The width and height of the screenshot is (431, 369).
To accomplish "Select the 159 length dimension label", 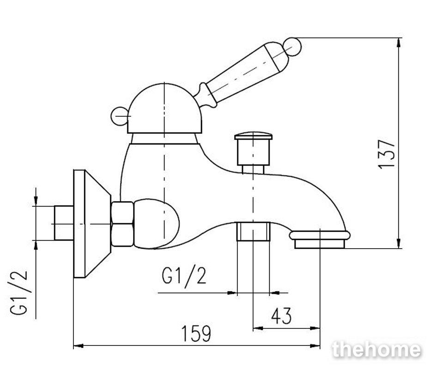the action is click(x=196, y=333).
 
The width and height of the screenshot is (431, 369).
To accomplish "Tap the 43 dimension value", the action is click(x=281, y=316).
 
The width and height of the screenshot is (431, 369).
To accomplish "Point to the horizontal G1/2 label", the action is click(x=184, y=276).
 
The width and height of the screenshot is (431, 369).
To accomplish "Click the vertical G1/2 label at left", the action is click(x=19, y=293).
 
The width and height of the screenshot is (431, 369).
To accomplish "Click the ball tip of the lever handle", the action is click(x=292, y=47).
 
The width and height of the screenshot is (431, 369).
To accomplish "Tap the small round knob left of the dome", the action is click(x=119, y=116).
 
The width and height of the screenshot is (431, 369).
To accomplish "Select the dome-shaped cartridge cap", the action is click(x=164, y=108).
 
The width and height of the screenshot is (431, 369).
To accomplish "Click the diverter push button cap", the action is click(x=253, y=136).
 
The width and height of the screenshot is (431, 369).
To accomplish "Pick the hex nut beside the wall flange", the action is click(x=122, y=224).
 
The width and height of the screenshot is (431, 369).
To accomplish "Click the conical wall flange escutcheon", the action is click(x=92, y=224).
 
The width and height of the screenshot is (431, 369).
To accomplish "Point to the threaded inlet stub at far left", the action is click(x=64, y=223).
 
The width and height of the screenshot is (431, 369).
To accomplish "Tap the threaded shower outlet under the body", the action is click(x=254, y=232).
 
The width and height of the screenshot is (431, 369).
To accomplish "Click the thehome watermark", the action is click(x=376, y=350).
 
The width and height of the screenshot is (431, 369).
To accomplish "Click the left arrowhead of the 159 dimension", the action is click(x=79, y=345).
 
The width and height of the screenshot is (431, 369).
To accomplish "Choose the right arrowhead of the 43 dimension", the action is click(x=315, y=328).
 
